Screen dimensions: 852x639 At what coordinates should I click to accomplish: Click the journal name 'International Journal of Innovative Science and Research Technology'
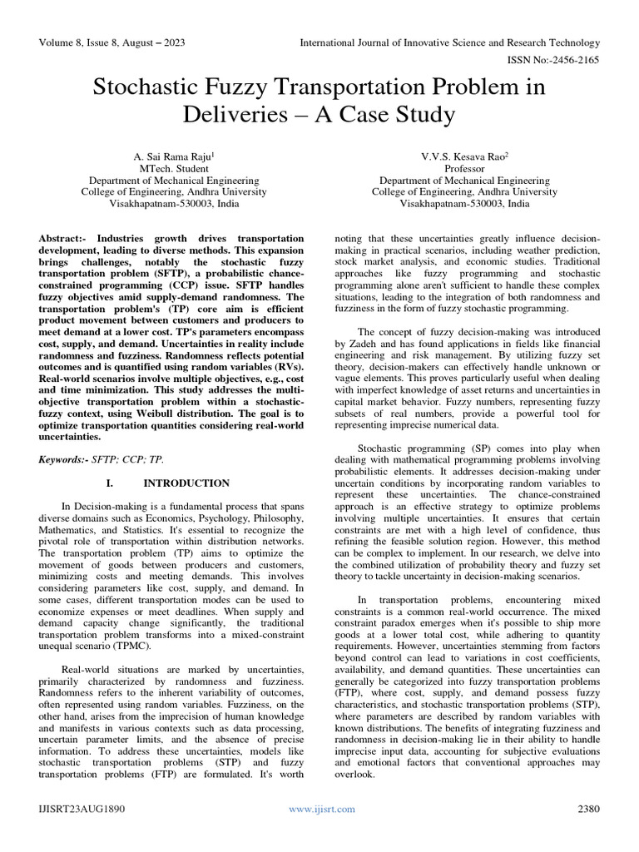tap(449, 42)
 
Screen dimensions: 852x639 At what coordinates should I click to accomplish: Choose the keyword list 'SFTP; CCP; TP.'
tap(136, 459)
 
